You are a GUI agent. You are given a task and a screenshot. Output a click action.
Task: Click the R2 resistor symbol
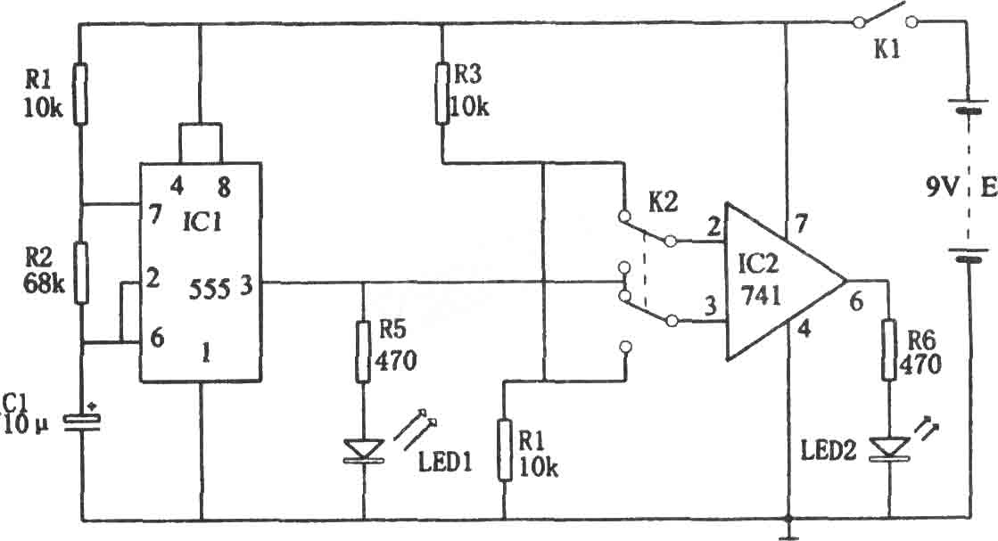(x=81, y=273)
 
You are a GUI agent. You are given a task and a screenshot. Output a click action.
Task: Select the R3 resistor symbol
(x=442, y=93)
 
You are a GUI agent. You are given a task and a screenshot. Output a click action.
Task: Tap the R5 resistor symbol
(x=363, y=351)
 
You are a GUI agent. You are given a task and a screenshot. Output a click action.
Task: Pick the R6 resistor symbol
(x=889, y=350)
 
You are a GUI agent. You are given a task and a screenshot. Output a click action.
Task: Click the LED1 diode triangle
(x=363, y=450)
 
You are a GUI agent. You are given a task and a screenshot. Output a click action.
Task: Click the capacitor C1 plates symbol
(x=82, y=423)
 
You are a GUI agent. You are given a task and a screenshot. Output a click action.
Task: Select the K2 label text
(x=663, y=203)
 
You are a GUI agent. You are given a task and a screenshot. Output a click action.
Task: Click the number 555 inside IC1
(x=210, y=290)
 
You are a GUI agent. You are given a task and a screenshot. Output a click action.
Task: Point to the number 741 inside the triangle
(x=761, y=295)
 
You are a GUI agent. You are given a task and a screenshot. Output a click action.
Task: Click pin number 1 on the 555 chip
(x=206, y=353)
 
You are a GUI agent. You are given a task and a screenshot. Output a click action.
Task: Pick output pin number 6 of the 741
(x=857, y=301)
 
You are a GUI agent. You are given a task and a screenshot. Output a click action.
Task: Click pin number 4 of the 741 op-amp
(x=804, y=329)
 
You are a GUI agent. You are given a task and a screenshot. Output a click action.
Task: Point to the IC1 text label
(x=202, y=223)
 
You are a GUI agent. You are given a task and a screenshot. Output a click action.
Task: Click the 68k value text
(x=44, y=283)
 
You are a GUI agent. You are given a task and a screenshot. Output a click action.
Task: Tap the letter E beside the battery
(x=988, y=187)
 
